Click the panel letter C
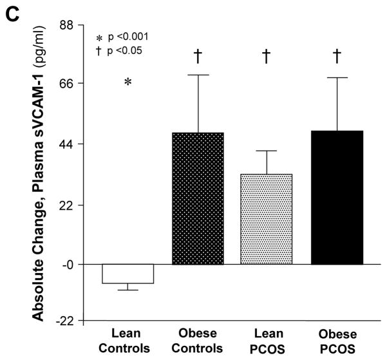coord(11,11)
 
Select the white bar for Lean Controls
coord(127,274)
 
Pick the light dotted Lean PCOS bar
coord(266,219)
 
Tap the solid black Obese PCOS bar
coord(337,197)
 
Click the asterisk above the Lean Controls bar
coord(127,82)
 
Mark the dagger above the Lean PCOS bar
coord(266,57)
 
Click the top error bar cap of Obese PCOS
coord(337,77)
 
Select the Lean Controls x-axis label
coord(127,342)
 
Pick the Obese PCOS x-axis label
coord(337,342)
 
